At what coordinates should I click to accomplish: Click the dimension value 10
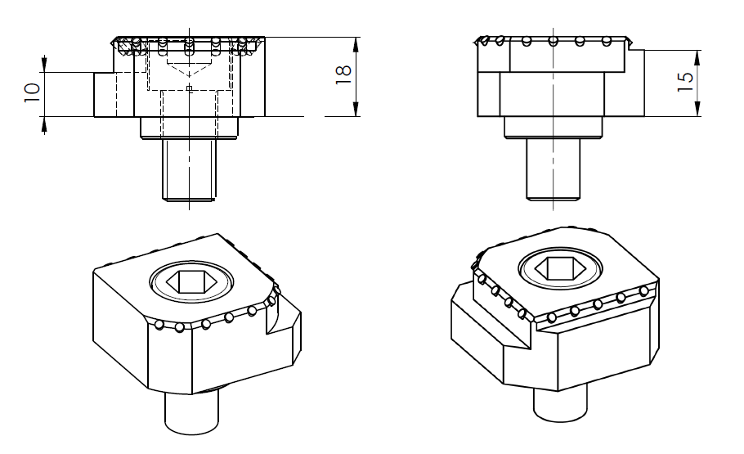32,92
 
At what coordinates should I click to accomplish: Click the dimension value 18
343,74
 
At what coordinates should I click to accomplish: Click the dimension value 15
684,82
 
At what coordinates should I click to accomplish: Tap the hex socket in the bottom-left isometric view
191,281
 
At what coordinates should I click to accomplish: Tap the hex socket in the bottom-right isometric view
560,269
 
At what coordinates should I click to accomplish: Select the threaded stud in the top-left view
190,169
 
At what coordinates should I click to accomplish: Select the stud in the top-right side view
554,169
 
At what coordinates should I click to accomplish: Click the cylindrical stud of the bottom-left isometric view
191,411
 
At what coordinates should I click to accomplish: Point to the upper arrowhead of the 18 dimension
356,46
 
